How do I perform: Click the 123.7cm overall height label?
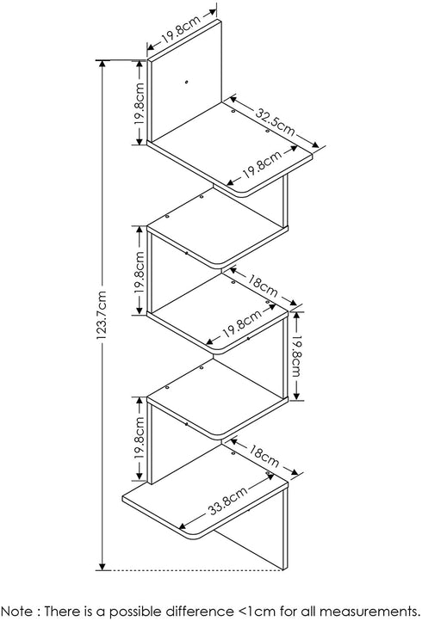tap(102, 315)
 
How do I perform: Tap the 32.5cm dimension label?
tap(275, 121)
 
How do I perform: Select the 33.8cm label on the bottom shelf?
tap(227, 500)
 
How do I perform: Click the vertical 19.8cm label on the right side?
tap(296, 356)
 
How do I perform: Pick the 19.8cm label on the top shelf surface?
tap(261, 164)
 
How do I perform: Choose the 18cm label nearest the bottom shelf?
tap(264, 456)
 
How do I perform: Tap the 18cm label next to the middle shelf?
tap(263, 286)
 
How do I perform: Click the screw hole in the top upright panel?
tap(186, 83)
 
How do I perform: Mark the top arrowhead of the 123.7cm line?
tap(102, 64)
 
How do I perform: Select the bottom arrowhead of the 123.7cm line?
tap(102, 567)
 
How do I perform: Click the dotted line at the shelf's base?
tap(195, 570)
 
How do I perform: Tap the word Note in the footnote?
tap(16, 611)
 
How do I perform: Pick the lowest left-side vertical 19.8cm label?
tap(140, 438)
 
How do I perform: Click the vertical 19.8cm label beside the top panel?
tap(140, 104)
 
